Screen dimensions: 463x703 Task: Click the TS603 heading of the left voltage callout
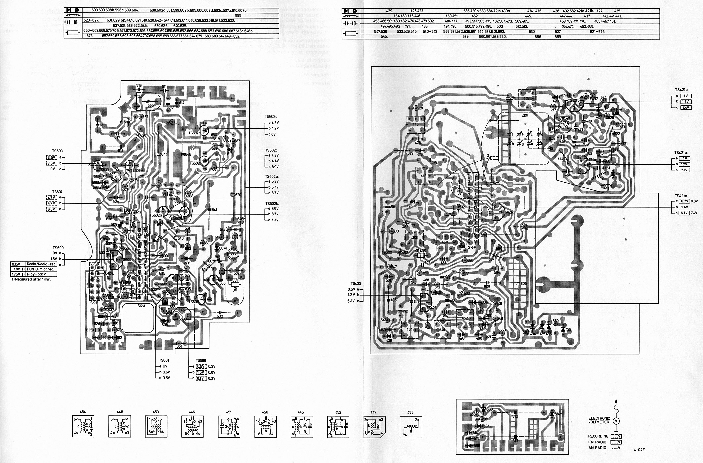click(x=58, y=151)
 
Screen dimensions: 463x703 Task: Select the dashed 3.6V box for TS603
click(x=52, y=157)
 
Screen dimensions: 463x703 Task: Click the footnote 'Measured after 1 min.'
click(x=31, y=279)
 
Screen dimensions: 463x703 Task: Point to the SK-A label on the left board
click(x=141, y=306)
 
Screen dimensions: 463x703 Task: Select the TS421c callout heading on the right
click(x=681, y=196)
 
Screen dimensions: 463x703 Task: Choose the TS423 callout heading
click(x=356, y=283)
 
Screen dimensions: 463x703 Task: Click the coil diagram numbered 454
click(x=83, y=426)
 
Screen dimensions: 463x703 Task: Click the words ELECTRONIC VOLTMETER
click(x=599, y=420)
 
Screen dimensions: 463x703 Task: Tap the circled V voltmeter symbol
click(x=616, y=421)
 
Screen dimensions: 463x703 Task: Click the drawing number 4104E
click(x=639, y=450)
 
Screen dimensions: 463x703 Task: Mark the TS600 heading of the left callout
click(x=58, y=248)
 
